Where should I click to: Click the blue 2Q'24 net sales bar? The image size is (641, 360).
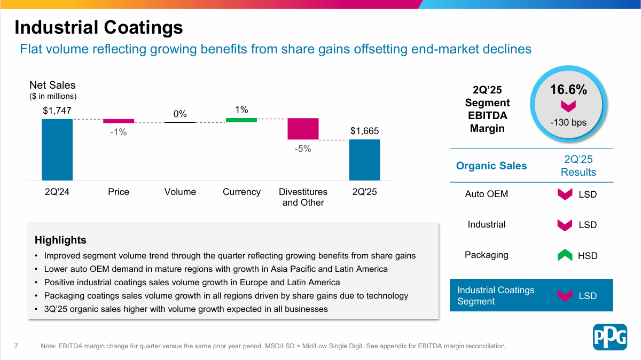coord(57,150)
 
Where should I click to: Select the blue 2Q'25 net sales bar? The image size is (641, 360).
coord(364,160)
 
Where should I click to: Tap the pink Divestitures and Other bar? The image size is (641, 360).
coord(303,129)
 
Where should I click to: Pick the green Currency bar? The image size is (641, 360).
coord(241,120)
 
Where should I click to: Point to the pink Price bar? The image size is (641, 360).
coord(119,121)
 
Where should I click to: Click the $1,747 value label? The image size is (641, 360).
coord(57,111)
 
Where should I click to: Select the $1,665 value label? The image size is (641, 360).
coord(364,131)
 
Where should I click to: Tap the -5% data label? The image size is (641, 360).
coord(303,148)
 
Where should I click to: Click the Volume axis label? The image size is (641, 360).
coord(180,192)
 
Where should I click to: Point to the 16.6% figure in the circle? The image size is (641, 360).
coord(568,90)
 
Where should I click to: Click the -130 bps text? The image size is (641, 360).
coord(568,122)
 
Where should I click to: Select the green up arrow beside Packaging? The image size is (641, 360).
coord(565,255)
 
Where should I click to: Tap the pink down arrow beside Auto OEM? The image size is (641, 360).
coord(565,194)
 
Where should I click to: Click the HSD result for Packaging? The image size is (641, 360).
coord(588,255)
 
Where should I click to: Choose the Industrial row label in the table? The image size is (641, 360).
coord(487,224)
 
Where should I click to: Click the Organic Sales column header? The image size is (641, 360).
coord(491,166)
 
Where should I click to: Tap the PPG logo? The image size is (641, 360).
coord(610,337)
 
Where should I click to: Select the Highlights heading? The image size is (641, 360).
coord(60,240)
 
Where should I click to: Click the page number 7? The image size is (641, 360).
coord(17,346)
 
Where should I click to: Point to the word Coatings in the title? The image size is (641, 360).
coord(143,28)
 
